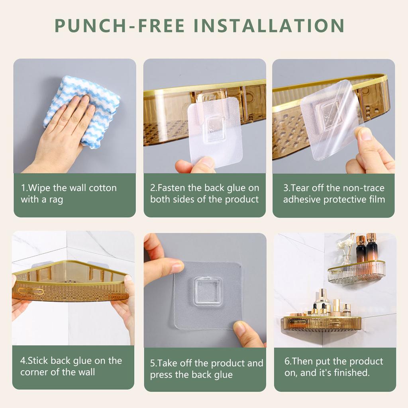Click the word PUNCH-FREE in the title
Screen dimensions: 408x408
[120, 25]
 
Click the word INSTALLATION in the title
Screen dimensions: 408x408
[269, 25]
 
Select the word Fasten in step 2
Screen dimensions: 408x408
[171, 188]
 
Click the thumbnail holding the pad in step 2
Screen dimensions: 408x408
[207, 162]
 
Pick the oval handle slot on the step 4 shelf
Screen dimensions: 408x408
[31, 291]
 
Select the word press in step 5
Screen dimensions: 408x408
[161, 375]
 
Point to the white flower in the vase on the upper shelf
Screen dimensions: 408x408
[343, 244]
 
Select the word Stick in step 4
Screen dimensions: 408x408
[37, 361]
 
